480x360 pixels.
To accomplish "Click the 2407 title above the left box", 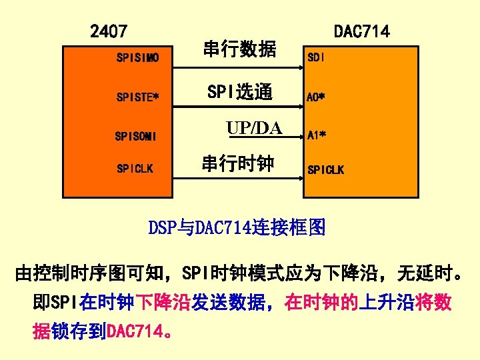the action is click(109, 31).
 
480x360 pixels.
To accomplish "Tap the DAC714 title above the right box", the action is click(361, 31).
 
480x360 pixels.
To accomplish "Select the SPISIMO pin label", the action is click(137, 59).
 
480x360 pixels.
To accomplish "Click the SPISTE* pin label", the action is click(137, 97).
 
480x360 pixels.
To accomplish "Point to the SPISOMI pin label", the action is click(135, 137).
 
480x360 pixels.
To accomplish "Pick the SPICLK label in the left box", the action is click(135, 169).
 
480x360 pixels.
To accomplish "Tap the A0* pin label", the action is click(316, 97).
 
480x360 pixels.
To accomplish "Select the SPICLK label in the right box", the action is click(325, 170).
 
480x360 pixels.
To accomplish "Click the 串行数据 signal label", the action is click(239, 49).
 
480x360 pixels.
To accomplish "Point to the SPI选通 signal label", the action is click(239, 91).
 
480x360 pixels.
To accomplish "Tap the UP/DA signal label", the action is click(254, 128).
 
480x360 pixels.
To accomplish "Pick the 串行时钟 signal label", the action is click(237, 163).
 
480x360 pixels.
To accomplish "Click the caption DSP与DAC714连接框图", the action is click(237, 228).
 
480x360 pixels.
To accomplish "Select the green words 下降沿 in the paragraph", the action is click(163, 303).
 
